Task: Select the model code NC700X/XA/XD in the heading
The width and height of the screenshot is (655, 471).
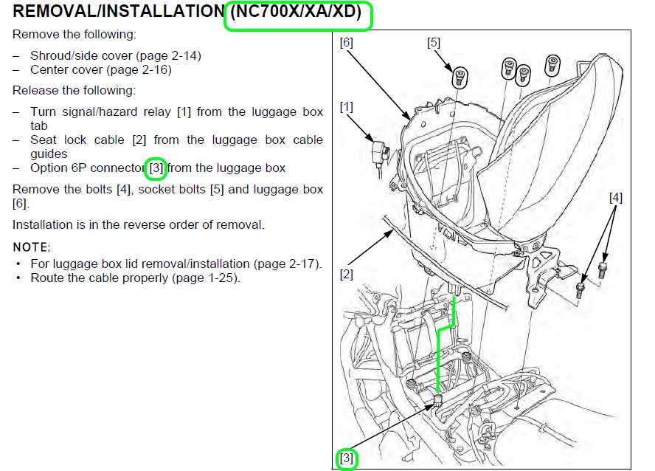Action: pos(298,13)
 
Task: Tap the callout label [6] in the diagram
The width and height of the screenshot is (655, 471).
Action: pos(346,43)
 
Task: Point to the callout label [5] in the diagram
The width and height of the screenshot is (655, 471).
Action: pos(434,43)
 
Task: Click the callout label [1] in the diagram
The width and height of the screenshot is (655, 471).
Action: pos(346,107)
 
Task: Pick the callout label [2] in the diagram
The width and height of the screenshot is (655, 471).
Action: pos(346,275)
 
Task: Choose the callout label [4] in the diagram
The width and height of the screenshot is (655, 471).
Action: pos(616,197)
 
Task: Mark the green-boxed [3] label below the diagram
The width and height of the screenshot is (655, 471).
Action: pos(346,458)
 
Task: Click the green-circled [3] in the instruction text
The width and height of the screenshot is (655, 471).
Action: pos(156,168)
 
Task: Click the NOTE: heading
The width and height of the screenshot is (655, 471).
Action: pos(31,247)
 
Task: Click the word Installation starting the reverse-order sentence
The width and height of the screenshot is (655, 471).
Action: pos(44,224)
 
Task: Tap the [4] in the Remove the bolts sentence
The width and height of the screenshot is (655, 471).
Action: pos(124,189)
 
